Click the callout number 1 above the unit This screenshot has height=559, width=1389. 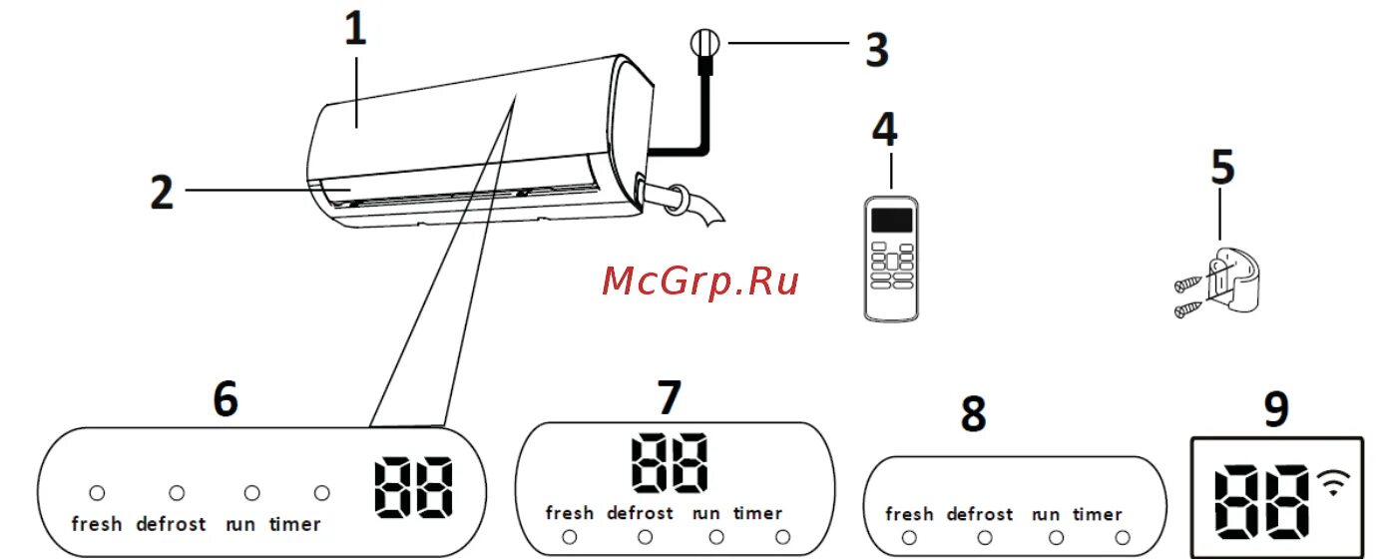356,31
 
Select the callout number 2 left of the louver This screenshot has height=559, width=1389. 162,191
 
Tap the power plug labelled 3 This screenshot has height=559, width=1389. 703,46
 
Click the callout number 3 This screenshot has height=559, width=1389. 876,51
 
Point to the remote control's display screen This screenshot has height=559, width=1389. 892,220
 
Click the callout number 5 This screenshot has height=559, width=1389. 1222,169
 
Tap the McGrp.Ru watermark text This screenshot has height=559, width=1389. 700,281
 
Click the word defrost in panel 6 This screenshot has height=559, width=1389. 171,523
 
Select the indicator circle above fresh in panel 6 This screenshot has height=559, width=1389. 97,492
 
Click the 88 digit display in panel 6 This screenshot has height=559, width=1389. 413,488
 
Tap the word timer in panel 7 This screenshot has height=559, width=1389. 757,513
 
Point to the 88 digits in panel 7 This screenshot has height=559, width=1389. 670,462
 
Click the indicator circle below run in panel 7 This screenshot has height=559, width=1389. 715,537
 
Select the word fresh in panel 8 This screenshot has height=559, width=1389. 909,514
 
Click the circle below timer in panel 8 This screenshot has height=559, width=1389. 1123,538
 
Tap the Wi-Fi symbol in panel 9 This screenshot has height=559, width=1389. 1329,482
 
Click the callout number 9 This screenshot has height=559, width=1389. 1275,410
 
